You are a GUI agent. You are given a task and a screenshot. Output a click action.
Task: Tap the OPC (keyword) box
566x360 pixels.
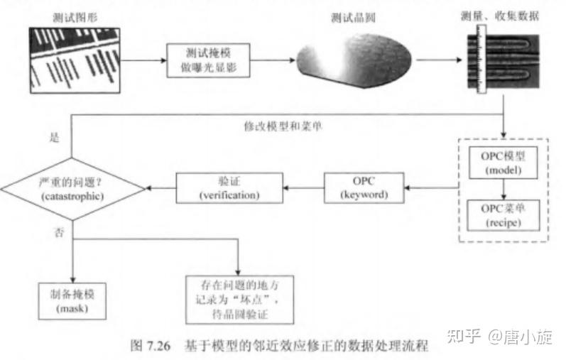(x=363, y=187)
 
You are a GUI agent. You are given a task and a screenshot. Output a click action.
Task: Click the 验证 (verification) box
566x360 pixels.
(x=229, y=187)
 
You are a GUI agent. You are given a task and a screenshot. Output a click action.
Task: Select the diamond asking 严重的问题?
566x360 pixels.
(x=74, y=187)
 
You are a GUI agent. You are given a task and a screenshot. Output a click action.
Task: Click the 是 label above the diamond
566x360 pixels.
(x=52, y=138)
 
